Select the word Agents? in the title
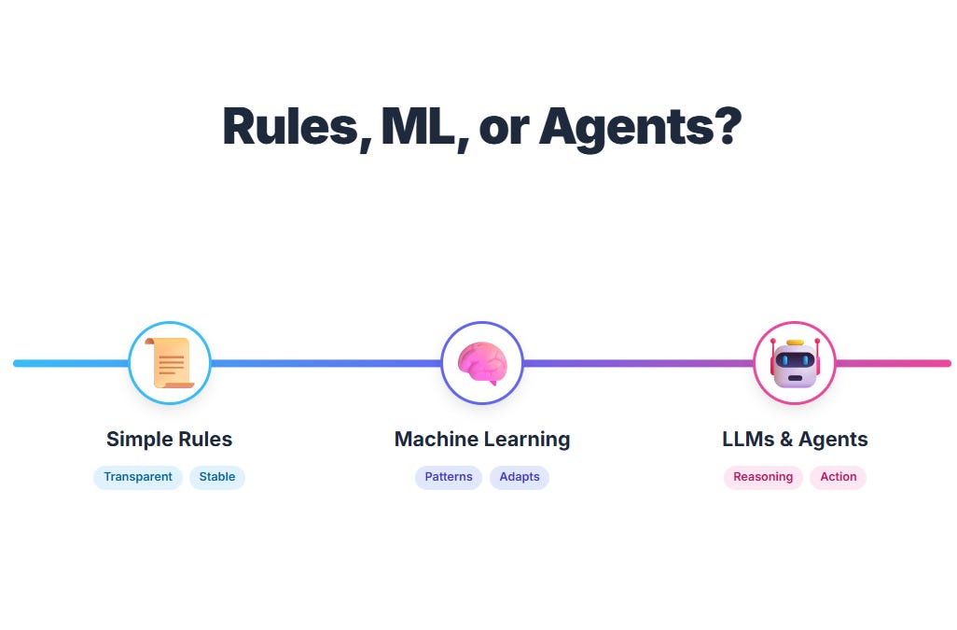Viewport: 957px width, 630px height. pos(640,128)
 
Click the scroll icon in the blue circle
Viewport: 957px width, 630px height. pos(170,363)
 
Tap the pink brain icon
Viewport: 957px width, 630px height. pos(482,363)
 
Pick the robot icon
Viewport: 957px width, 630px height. pos(795,364)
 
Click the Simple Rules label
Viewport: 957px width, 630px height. pos(169,439)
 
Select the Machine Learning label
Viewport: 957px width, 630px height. pos(482,439)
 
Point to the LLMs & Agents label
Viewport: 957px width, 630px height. pos(795,439)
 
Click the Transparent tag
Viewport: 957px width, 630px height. pos(138,477)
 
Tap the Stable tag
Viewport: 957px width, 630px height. pos(217,477)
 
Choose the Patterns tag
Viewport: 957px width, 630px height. pos(449,477)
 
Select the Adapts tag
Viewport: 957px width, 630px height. pos(520,477)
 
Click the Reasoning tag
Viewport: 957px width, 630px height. pos(763,477)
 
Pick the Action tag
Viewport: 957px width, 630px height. pos(839,477)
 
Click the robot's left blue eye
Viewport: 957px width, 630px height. pos(784,360)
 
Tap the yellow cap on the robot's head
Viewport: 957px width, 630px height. pos(795,343)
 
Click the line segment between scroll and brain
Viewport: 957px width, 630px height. pos(326,363)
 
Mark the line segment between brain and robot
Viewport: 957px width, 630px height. pos(638,363)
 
